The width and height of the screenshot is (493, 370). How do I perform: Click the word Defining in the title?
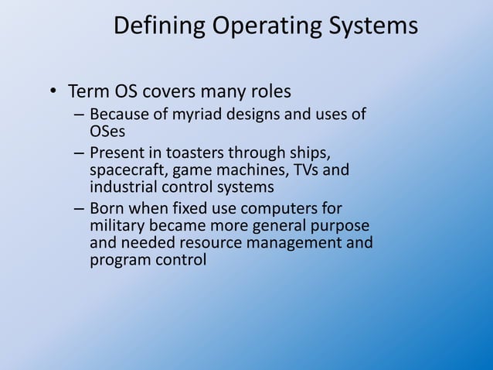(159, 26)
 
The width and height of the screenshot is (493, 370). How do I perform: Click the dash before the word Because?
(79, 116)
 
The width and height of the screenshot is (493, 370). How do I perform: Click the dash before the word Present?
(79, 152)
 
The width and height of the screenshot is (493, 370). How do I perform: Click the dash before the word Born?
(79, 209)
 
